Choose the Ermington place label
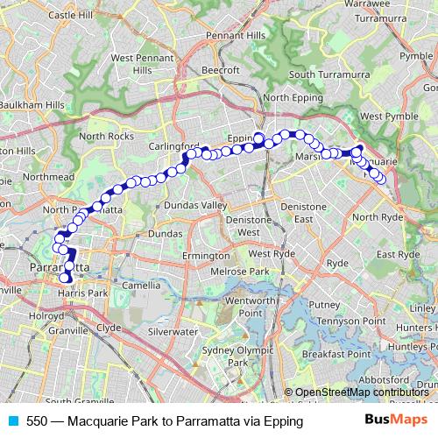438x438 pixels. tap(205, 255)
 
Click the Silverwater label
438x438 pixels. tap(172, 332)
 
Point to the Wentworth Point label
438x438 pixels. tap(251, 307)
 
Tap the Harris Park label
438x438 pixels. tap(84, 292)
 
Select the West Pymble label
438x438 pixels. tap(383, 116)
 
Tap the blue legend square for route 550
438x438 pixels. tap(13, 420)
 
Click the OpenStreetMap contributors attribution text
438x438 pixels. tap(360, 392)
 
